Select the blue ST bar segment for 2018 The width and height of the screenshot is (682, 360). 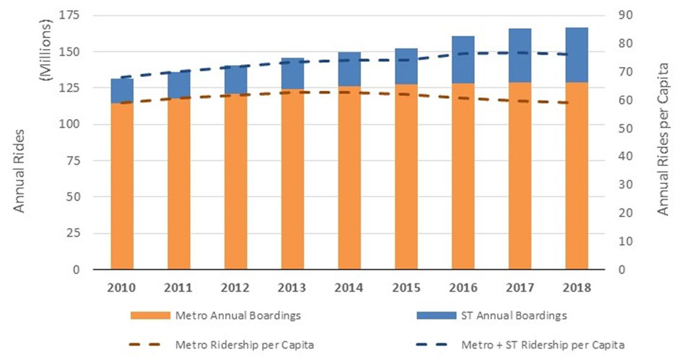(577, 55)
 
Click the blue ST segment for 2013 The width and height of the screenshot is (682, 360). (292, 73)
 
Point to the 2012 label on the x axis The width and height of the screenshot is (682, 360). (235, 287)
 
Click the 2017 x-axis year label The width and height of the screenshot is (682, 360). (520, 287)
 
